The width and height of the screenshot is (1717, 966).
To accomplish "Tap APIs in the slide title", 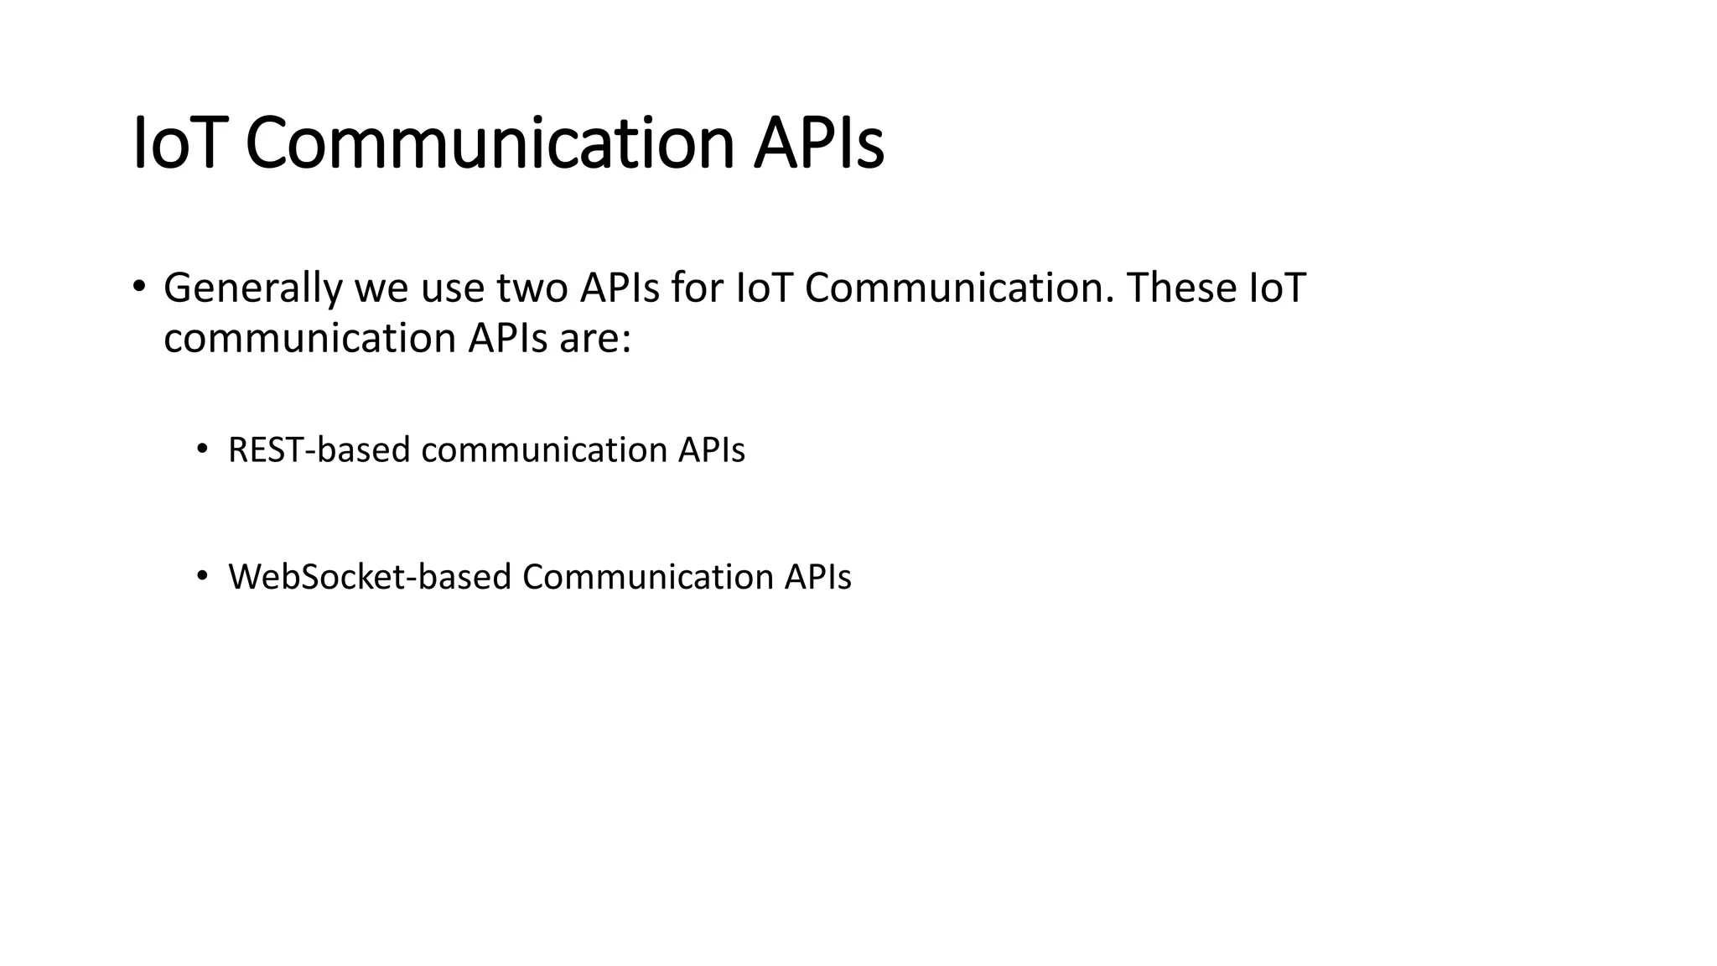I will tap(818, 143).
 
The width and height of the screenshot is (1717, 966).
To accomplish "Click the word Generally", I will tap(252, 288).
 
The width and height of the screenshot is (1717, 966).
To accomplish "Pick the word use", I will tap(452, 288).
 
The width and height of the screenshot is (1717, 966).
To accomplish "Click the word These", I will tap(1181, 288).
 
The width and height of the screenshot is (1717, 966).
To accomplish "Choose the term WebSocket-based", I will tap(369, 577).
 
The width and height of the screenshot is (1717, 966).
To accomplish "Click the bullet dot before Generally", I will tap(139, 285).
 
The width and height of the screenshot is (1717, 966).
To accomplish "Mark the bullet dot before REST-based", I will tap(201, 449).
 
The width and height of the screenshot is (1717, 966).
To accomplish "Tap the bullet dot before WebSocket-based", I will tap(201, 575).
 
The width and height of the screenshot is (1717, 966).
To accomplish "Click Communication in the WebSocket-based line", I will tap(647, 577).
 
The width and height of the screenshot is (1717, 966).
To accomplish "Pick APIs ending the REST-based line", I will tap(711, 450).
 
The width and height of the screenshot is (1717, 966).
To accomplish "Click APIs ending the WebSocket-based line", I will tap(817, 577).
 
